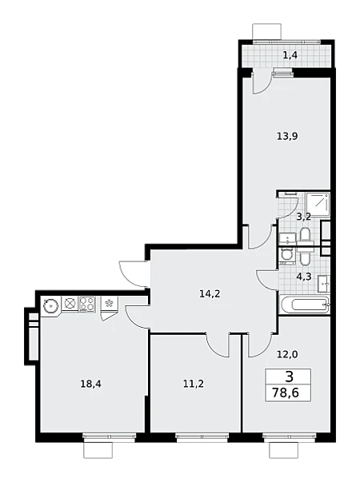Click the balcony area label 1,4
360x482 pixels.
click(x=290, y=56)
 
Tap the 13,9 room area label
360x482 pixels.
click(x=287, y=136)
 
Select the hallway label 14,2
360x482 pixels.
click(x=210, y=294)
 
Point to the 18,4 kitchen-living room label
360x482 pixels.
click(x=90, y=384)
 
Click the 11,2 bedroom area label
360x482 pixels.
click(x=194, y=384)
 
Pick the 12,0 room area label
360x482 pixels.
click(x=287, y=354)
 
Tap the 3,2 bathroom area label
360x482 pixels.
click(x=303, y=217)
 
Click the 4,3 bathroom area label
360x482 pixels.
click(x=304, y=277)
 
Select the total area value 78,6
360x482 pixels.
click(x=286, y=392)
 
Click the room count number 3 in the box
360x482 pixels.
click(x=290, y=376)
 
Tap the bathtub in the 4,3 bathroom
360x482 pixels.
click(x=305, y=305)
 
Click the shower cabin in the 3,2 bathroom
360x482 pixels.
click(x=318, y=205)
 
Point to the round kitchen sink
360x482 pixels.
click(x=50, y=306)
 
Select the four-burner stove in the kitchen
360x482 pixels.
click(x=87, y=305)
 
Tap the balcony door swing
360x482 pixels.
click(x=262, y=82)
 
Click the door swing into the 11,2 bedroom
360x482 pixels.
click(x=218, y=345)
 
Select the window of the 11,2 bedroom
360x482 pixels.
click(x=202, y=437)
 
